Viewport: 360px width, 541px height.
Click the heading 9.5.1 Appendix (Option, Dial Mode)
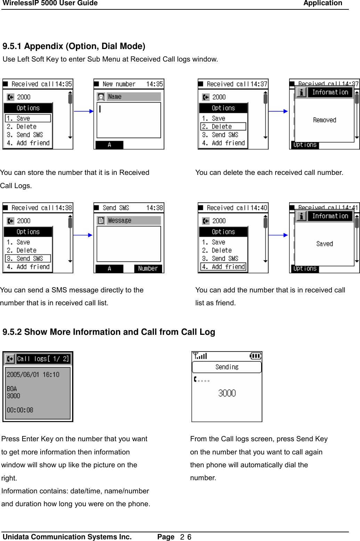pyautogui.click(x=74, y=46)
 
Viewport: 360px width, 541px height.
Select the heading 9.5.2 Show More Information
pyautogui.click(x=108, y=332)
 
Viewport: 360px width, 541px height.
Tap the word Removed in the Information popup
pyautogui.click(x=324, y=120)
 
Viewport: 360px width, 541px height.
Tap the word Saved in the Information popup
pyautogui.click(x=324, y=244)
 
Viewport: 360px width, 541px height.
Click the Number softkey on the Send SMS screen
pyautogui.click(x=148, y=268)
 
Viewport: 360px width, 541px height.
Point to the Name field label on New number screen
pyautogui.click(x=115, y=97)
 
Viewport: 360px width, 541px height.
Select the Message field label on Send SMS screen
pyautogui.click(x=120, y=220)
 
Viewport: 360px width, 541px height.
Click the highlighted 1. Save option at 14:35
pyautogui.click(x=28, y=118)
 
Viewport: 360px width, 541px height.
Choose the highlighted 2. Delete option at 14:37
pyautogui.click(x=223, y=127)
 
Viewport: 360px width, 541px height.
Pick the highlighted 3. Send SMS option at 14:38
pyautogui.click(x=28, y=258)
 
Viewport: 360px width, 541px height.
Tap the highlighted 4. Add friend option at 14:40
pyautogui.click(x=223, y=267)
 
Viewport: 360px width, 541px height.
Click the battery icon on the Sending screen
pyautogui.click(x=255, y=356)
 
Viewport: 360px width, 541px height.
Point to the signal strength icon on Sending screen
pyautogui.click(x=200, y=356)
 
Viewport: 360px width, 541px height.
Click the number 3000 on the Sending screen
pyautogui.click(x=227, y=393)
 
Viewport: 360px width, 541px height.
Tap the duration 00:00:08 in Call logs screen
pyautogui.click(x=20, y=410)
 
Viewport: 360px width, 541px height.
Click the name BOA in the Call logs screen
pyautogui.click(x=12, y=388)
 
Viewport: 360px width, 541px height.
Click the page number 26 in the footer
pyautogui.click(x=186, y=537)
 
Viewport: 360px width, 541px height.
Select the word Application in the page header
pyautogui.click(x=322, y=3)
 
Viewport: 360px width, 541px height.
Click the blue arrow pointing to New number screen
pyautogui.click(x=84, y=111)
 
